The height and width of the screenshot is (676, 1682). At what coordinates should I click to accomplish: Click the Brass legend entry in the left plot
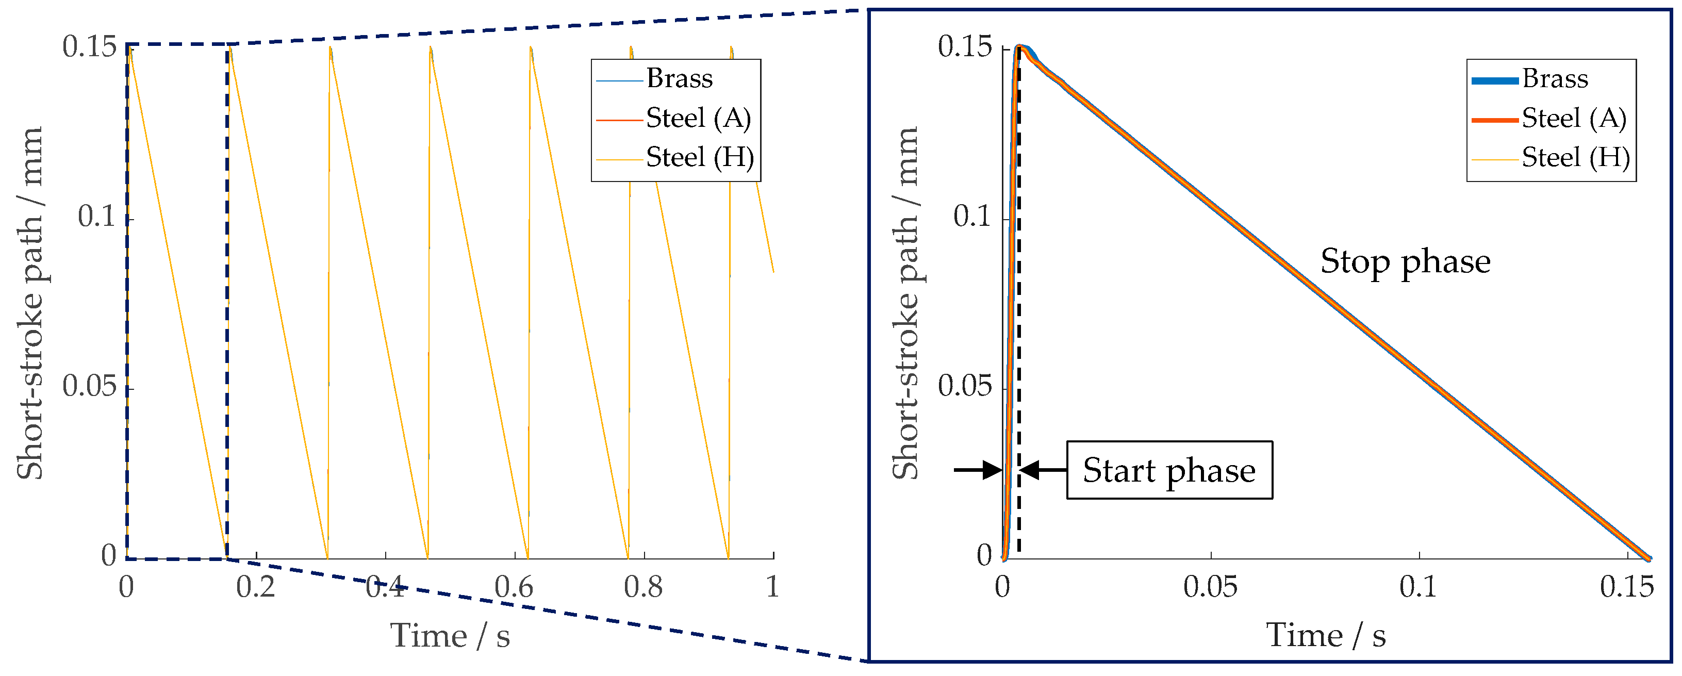(679, 79)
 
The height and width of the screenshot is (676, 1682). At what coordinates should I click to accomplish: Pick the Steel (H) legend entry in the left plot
(699, 157)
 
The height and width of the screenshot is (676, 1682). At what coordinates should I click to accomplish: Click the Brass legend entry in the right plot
(1555, 79)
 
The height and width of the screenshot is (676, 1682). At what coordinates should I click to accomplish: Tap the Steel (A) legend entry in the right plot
(1574, 118)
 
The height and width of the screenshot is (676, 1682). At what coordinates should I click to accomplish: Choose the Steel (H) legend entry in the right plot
(1575, 157)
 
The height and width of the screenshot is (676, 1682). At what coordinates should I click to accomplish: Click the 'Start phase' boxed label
(1169, 470)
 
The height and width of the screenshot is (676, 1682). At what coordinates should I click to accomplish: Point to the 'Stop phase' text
(1405, 261)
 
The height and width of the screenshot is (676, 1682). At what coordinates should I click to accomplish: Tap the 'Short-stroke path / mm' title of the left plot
(29, 304)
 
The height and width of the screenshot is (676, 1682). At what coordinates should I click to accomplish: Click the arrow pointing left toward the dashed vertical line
(1043, 470)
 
